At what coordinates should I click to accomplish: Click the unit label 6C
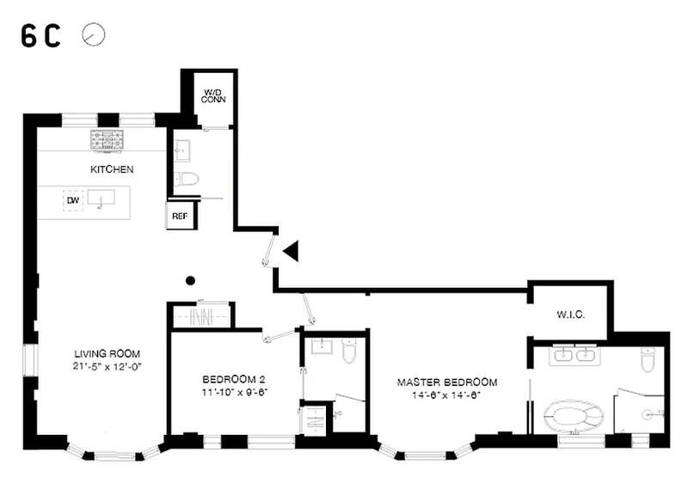pyautogui.click(x=40, y=35)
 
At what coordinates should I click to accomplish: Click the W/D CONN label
pyautogui.click(x=213, y=96)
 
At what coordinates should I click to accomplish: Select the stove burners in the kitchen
pyautogui.click(x=107, y=140)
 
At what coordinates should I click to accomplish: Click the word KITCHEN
pyautogui.click(x=112, y=169)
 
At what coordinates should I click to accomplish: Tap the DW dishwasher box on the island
pyautogui.click(x=73, y=201)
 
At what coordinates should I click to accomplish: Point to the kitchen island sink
pyautogui.click(x=101, y=198)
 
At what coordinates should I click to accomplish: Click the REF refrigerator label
pyautogui.click(x=180, y=216)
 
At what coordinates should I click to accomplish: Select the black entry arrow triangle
pyautogui.click(x=291, y=251)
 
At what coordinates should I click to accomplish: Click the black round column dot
pyautogui.click(x=190, y=280)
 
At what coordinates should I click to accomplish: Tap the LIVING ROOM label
pyautogui.click(x=107, y=354)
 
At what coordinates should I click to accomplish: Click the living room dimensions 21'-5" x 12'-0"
pyautogui.click(x=107, y=366)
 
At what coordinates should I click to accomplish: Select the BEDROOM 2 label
pyautogui.click(x=233, y=379)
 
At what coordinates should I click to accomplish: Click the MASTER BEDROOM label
pyautogui.click(x=447, y=382)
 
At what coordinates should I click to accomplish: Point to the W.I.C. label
pyautogui.click(x=571, y=315)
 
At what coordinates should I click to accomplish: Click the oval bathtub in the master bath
pyautogui.click(x=574, y=417)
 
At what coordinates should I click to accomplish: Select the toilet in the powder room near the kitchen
pyautogui.click(x=187, y=180)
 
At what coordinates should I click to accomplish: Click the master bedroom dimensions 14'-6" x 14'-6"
pyautogui.click(x=446, y=395)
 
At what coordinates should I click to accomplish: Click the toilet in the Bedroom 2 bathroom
pyautogui.click(x=349, y=351)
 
